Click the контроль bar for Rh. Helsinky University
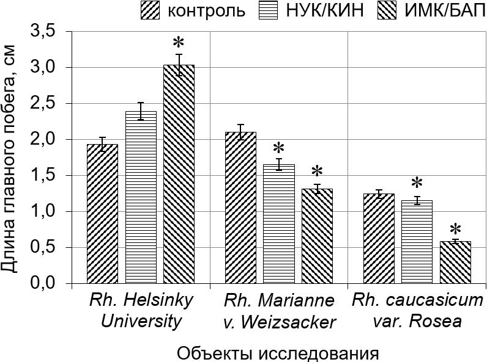point(102,214)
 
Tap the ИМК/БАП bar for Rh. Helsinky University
point(179,174)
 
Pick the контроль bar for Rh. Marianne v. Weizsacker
point(240,208)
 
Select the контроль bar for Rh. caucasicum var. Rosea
point(379,239)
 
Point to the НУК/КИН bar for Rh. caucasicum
point(417,242)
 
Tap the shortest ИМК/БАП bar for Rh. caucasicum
point(455,262)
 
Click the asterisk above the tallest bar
point(178,43)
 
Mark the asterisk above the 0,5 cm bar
point(455,230)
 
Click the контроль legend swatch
point(150,10)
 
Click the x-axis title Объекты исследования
point(278,353)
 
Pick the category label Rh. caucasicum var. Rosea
point(418,311)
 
